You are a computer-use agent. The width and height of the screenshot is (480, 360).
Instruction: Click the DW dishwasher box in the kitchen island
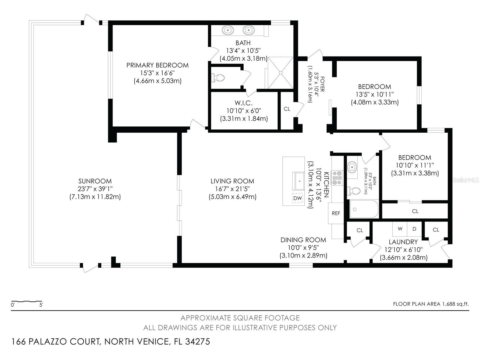(x=297, y=198)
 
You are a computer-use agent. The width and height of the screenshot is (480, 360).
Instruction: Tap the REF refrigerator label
(x=336, y=213)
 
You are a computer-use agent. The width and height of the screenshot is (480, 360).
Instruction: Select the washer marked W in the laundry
(x=400, y=229)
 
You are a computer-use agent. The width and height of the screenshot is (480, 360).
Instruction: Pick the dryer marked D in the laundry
(x=414, y=229)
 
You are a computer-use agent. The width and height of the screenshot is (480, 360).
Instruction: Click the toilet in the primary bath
(x=218, y=78)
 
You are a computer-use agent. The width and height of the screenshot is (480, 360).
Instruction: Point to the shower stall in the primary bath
(x=280, y=72)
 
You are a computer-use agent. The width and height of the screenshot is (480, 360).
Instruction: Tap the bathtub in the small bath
(x=364, y=209)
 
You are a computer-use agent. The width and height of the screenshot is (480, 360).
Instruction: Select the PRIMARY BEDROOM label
(x=157, y=65)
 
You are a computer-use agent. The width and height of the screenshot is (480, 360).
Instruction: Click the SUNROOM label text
(x=95, y=181)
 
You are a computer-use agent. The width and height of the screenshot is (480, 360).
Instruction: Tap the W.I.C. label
(x=243, y=103)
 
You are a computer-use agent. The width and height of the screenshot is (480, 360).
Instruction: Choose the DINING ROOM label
(x=303, y=240)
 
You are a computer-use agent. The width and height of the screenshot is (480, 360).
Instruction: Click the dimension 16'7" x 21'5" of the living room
(x=232, y=189)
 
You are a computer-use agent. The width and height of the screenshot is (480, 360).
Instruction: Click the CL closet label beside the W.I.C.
(x=287, y=109)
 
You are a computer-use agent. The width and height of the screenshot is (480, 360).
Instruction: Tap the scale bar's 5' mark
(x=41, y=305)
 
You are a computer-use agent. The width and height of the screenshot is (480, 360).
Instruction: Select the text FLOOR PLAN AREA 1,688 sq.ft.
(x=431, y=304)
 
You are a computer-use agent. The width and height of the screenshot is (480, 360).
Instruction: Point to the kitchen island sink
(x=298, y=181)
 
